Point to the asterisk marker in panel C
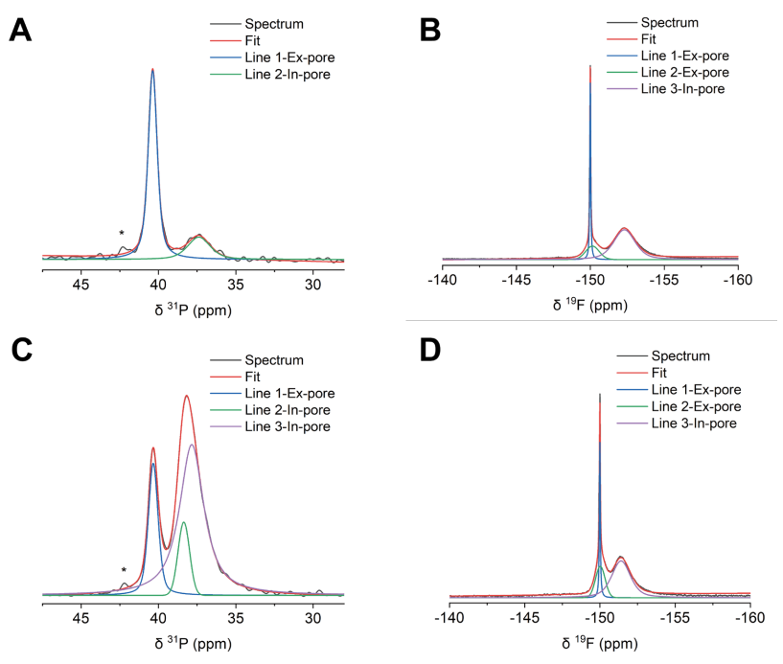coord(124,570)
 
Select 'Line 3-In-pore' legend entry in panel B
coord(681,89)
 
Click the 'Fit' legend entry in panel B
coord(650,40)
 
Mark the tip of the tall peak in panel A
coord(152,69)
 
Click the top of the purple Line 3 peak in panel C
coord(193,445)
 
